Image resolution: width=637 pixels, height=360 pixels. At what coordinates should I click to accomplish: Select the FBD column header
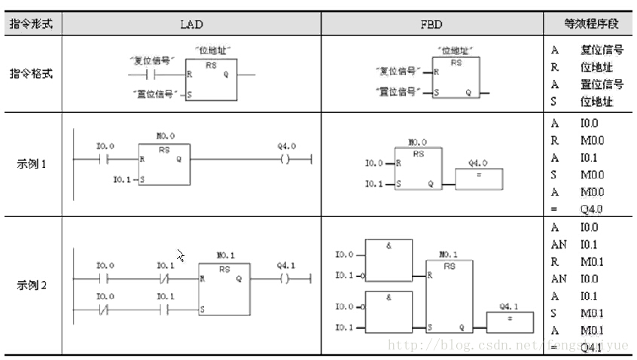pyautogui.click(x=431, y=24)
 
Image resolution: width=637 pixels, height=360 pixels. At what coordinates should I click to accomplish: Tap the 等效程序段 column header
pyautogui.click(x=591, y=24)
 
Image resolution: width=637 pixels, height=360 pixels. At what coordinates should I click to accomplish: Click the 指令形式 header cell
pyautogui.click(x=31, y=24)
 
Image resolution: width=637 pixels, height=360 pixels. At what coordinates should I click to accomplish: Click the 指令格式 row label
pyautogui.click(x=31, y=75)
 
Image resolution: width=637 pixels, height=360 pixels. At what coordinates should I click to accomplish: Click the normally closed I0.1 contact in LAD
pyautogui.click(x=166, y=279)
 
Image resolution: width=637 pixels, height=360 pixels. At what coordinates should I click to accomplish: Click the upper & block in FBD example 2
pyautogui.click(x=388, y=259)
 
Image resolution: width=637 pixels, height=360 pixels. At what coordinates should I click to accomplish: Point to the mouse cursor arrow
pyautogui.click(x=181, y=255)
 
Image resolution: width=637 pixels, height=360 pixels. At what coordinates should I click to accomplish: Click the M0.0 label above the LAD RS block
pyautogui.click(x=165, y=136)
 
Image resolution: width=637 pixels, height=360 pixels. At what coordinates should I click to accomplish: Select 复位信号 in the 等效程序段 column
pyautogui.click(x=602, y=50)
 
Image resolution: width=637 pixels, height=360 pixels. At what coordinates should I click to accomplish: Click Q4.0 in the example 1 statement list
pyautogui.click(x=591, y=209)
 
